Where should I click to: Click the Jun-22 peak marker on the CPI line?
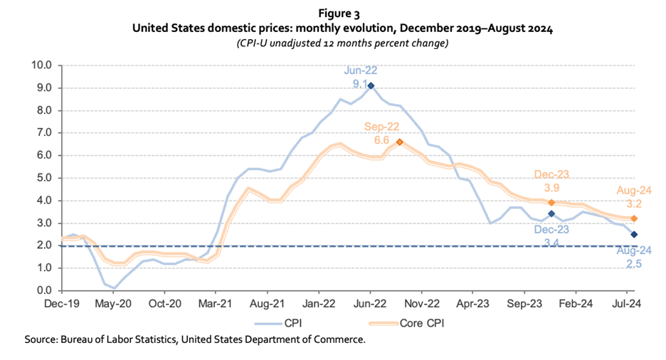[371, 85]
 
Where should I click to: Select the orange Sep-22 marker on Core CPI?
[399, 142]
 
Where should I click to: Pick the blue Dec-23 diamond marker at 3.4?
[551, 213]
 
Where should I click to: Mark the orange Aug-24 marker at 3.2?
[633, 218]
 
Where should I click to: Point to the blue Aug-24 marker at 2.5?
[633, 234]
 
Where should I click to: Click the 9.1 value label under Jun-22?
[361, 84]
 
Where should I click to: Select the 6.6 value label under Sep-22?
[381, 140]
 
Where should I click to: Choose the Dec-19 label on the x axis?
[62, 302]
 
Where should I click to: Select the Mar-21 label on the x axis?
[216, 302]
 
